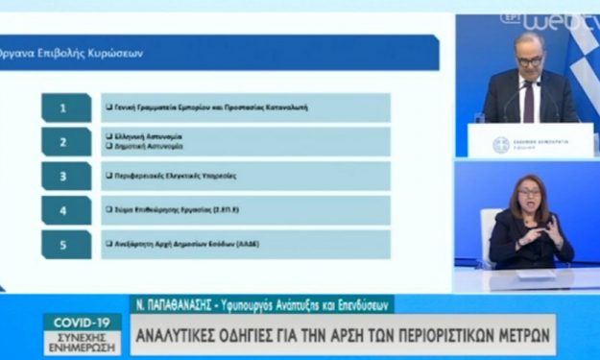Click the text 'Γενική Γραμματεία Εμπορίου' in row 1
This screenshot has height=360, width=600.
[173, 108]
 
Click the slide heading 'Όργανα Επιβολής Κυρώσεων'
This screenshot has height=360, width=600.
[73, 54]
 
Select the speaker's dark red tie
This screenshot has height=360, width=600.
[528, 101]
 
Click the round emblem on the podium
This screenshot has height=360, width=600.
[500, 145]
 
